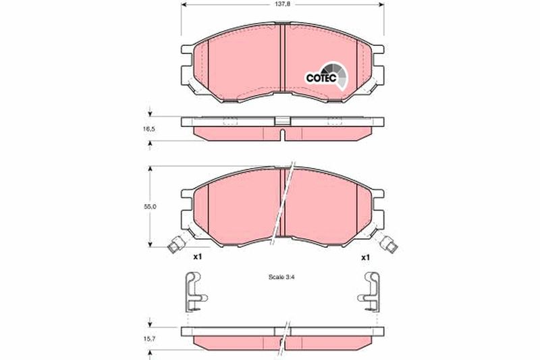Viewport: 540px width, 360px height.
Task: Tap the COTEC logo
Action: coord(325,76)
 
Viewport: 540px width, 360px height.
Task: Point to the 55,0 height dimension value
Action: coord(150,207)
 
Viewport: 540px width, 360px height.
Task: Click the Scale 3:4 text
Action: coord(281,277)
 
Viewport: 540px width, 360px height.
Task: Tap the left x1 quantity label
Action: coord(197,257)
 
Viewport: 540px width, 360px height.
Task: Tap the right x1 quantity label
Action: coord(365,257)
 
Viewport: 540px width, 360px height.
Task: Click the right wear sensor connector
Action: coord(389,244)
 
